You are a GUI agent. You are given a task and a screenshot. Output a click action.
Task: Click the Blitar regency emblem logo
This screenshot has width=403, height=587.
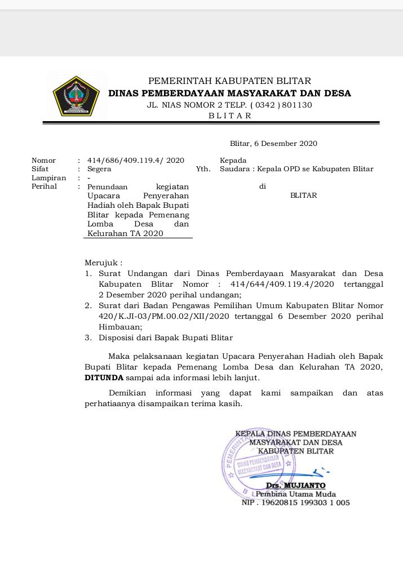click(76, 95)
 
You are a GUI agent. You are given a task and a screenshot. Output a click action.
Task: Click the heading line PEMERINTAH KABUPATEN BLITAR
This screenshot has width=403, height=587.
click(229, 81)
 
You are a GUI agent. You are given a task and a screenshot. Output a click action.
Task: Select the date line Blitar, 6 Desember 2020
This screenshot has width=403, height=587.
click(273, 144)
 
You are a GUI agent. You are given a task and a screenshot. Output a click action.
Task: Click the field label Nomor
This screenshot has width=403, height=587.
click(43, 161)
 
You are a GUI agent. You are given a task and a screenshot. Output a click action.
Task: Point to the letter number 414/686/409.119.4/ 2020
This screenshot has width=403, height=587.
click(136, 161)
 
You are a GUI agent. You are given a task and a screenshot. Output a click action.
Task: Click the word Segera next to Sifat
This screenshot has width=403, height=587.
click(99, 169)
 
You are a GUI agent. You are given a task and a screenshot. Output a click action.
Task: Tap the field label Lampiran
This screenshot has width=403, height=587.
click(48, 178)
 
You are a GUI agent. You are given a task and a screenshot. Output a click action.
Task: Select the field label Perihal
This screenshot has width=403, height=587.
click(44, 186)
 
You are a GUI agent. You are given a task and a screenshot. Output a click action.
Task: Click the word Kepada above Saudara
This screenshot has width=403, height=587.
click(233, 161)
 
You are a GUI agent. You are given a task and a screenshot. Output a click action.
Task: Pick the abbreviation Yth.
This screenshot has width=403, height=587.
click(203, 169)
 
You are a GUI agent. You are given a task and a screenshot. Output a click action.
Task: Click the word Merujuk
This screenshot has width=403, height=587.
click(102, 263)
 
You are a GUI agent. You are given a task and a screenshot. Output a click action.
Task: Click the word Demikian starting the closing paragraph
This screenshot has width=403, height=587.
click(127, 393)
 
